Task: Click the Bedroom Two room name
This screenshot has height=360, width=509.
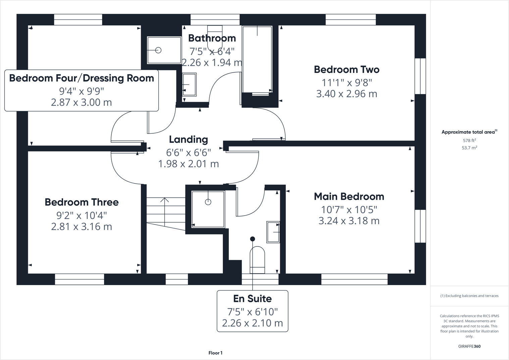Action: (x=347, y=70)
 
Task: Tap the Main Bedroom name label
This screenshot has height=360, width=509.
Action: (x=349, y=196)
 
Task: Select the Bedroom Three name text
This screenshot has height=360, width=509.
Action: (x=82, y=202)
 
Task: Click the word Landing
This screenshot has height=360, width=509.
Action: (x=188, y=139)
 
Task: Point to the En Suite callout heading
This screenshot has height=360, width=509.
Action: (x=252, y=299)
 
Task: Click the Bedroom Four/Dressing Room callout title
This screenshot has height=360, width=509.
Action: (x=82, y=78)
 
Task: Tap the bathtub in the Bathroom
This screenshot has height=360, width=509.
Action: (x=257, y=60)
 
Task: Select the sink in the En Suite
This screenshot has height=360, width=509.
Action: (x=273, y=232)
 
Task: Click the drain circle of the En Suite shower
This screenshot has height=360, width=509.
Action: (x=208, y=202)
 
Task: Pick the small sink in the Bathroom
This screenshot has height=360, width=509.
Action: (x=189, y=84)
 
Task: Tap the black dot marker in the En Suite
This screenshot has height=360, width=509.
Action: (x=252, y=239)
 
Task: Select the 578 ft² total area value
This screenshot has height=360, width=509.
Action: (x=469, y=141)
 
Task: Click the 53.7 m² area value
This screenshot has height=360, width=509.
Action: (x=469, y=148)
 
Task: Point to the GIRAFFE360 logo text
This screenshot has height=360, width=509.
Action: (x=469, y=346)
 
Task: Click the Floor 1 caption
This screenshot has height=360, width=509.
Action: (x=215, y=353)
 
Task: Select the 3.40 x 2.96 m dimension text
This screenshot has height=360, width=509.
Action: (x=347, y=94)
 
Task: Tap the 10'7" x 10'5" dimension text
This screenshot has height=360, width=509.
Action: (x=349, y=210)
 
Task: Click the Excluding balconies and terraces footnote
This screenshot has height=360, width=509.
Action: (x=469, y=296)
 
